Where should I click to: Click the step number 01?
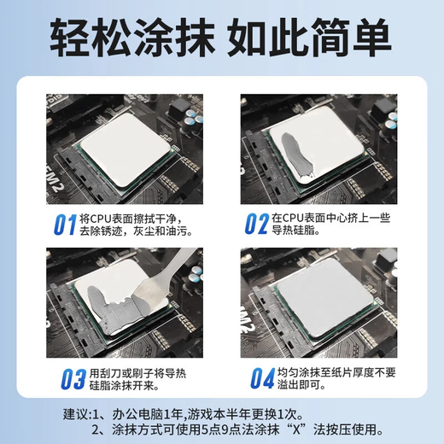point(65,225)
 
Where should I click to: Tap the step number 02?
point(256,225)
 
